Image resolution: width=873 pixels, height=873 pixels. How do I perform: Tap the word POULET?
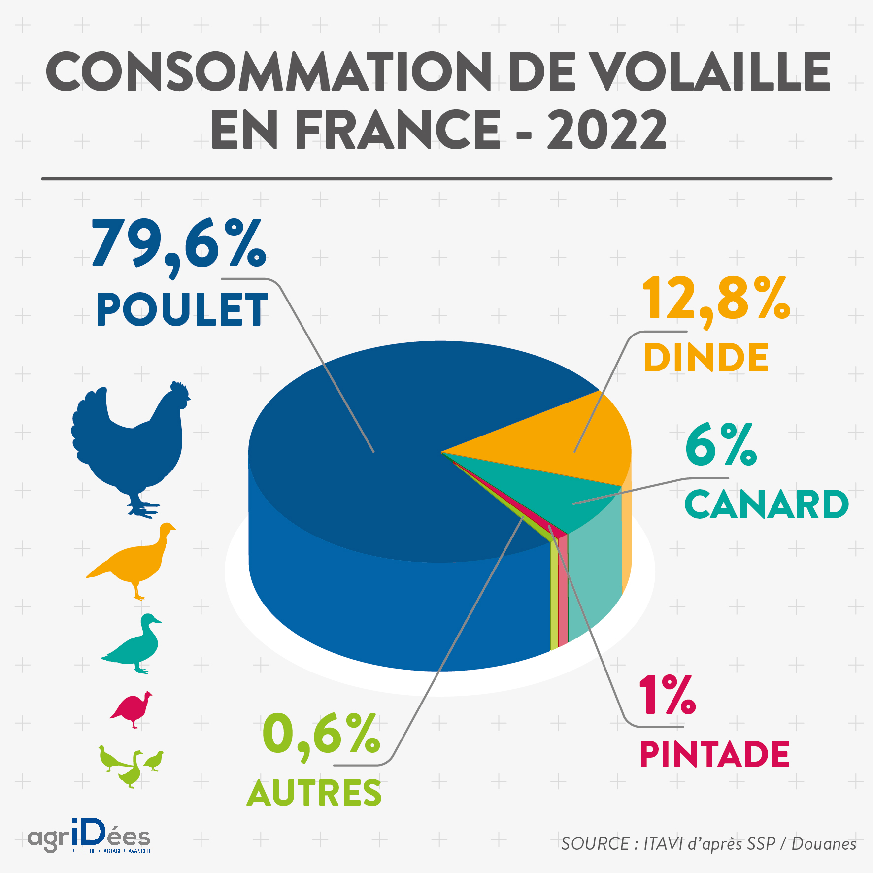(182, 309)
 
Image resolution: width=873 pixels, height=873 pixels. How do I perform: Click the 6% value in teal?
(721, 446)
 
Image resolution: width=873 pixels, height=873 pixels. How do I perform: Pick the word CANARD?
(766, 504)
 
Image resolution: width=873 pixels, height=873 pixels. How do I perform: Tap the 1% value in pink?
(667, 696)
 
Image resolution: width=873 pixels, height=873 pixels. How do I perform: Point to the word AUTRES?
(314, 793)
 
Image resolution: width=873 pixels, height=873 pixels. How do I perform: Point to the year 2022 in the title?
(606, 129)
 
